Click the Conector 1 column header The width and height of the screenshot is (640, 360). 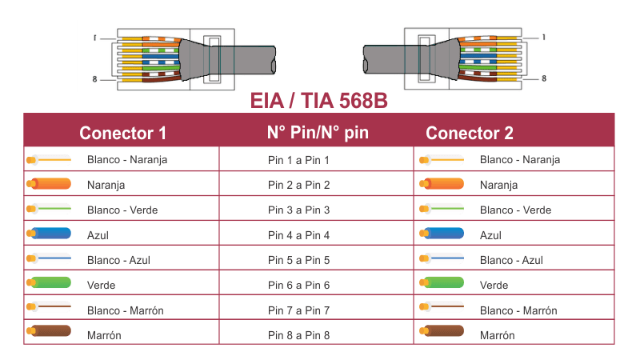coord(122,133)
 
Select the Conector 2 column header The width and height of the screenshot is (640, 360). coord(470,133)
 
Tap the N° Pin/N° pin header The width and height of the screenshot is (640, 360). coord(318,132)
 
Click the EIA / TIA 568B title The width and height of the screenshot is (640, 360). coord(319,103)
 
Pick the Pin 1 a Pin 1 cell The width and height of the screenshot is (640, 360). coord(299,160)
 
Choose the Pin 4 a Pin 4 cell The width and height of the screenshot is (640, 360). coord(299,235)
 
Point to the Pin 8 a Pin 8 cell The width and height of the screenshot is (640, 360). coord(299,335)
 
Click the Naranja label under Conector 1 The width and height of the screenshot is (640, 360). coord(106,185)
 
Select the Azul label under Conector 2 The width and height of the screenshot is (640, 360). coord(490,235)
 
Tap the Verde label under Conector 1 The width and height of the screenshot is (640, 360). coord(102,285)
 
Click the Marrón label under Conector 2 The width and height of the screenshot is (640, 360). coord(497,335)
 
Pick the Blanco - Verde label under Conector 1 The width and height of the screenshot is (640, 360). coord(122,210)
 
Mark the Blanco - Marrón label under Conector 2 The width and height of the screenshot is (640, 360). coord(518,310)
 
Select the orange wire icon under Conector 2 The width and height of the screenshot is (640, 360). coord(441,185)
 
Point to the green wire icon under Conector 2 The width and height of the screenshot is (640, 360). coord(441,284)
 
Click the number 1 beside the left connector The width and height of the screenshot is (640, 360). coord(94,38)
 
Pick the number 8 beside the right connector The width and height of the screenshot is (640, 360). coord(544,78)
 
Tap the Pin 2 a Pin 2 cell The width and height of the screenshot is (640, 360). coord(299,185)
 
